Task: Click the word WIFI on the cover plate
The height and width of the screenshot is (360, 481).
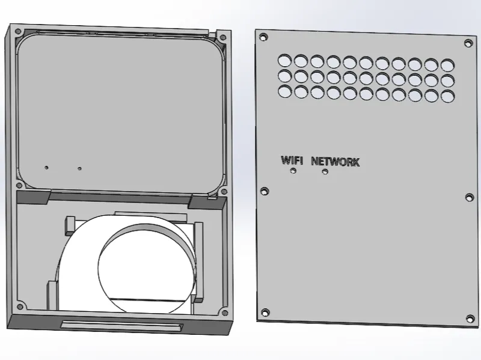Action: point(292,160)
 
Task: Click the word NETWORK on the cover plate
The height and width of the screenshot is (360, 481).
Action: point(335,162)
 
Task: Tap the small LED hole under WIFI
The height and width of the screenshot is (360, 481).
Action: point(293,171)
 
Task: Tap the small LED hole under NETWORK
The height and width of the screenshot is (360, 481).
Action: point(325,172)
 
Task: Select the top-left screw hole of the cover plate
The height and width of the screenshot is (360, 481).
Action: point(263,37)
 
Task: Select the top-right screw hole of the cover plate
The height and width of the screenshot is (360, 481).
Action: point(468,43)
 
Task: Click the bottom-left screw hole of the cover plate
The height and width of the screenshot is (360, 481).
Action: point(265,313)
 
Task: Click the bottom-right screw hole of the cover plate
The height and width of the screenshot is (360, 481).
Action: point(470,319)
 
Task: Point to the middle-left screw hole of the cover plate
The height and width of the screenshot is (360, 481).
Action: point(264,191)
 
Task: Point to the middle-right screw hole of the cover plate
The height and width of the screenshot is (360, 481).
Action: point(470,197)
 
